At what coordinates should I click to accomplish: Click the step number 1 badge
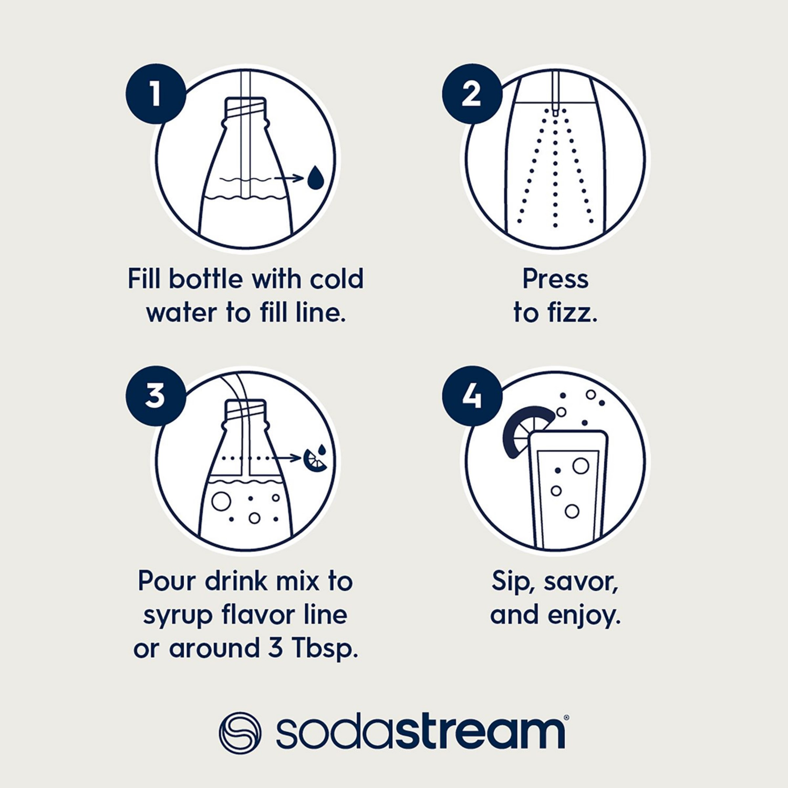[155, 95]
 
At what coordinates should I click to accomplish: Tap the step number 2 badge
[471, 95]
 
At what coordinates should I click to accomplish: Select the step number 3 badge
[155, 396]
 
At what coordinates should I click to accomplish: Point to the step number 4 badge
[471, 396]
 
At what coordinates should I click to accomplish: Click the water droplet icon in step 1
[315, 178]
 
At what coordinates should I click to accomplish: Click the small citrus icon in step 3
[316, 458]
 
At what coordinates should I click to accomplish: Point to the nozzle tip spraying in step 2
[555, 111]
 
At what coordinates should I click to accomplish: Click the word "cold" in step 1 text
[336, 279]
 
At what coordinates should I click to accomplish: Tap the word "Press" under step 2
[555, 279]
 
